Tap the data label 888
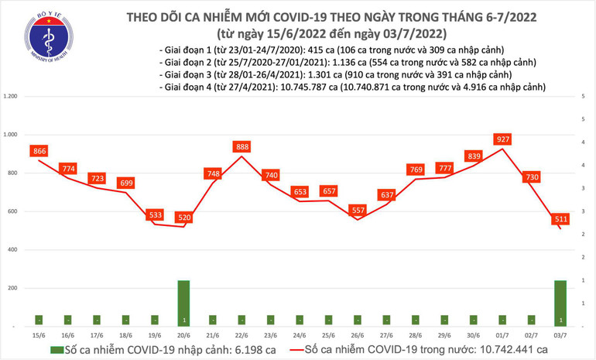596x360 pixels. pyautogui.click(x=241, y=146)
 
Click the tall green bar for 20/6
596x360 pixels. pyautogui.click(x=183, y=303)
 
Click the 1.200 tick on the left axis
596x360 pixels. pyautogui.click(x=11, y=96)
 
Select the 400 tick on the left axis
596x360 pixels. pyautogui.click(x=13, y=249)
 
